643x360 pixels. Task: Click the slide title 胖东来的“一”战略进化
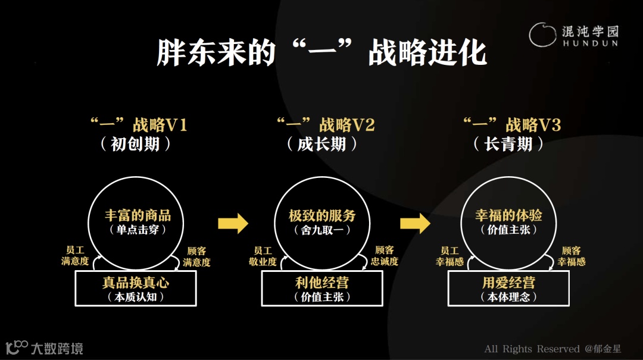pos(321,54)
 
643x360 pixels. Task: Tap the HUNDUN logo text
pos(589,43)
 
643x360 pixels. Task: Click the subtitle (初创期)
pos(136,144)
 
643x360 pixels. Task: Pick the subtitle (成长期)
pos(322,144)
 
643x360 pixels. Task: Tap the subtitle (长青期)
pos(508,144)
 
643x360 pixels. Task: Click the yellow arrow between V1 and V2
pos(233,224)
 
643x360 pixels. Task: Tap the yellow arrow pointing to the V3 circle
pos(415,224)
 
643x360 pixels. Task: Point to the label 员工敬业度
pos(263,256)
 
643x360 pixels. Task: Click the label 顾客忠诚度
pos(384,256)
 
